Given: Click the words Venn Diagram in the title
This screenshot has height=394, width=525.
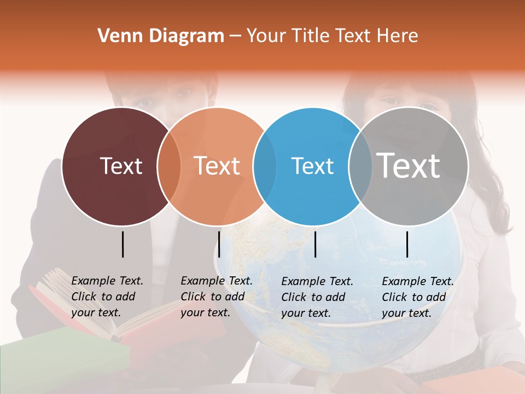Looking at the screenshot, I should (161, 36).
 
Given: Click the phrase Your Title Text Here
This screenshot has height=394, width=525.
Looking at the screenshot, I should (332, 36).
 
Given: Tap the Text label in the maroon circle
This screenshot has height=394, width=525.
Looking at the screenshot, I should (121, 166).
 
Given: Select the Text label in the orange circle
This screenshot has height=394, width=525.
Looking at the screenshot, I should (217, 166).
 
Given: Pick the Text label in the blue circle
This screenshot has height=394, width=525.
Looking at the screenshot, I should (312, 166).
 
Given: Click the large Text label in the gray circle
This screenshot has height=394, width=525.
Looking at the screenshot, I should (409, 165).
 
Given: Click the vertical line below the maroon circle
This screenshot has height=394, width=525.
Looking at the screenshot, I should (122, 244).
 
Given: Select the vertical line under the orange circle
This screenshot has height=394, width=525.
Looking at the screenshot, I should (219, 244).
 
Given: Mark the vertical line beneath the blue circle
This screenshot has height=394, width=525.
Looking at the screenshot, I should (315, 244).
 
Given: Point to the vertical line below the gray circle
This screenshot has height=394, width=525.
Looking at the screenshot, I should (407, 244).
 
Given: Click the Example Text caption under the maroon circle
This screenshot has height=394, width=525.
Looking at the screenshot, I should (107, 297).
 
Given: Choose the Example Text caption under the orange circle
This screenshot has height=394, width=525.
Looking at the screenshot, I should (216, 297).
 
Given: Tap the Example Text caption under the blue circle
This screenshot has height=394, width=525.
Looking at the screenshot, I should (317, 297).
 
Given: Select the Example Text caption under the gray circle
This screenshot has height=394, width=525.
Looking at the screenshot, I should (417, 297).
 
